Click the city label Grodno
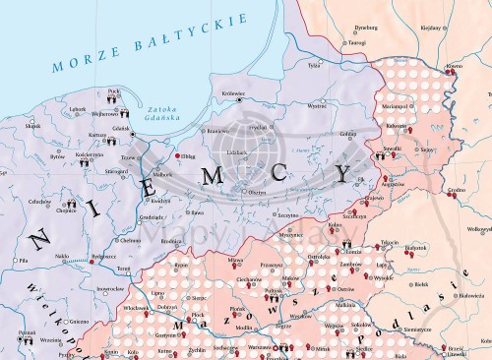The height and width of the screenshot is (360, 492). pos(456,189)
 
